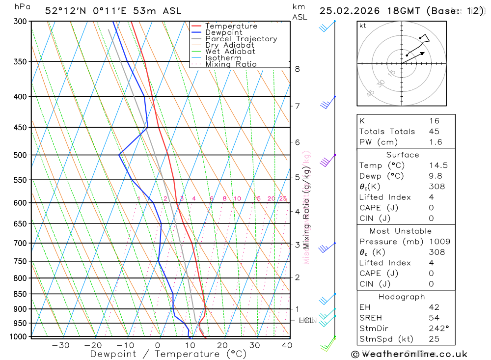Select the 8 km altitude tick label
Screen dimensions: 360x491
coord(298,69)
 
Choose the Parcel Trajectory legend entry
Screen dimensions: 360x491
coord(241,39)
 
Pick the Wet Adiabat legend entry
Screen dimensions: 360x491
coord(230,52)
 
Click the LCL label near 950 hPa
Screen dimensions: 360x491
coord(306,321)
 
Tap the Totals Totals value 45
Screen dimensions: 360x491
coord(434,132)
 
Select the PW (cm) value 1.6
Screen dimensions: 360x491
coord(435,142)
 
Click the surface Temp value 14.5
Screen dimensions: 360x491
coord(438,166)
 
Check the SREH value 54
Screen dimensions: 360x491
coord(434,318)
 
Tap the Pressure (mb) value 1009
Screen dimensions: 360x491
coord(439,242)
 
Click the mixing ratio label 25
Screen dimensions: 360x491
coord(283,198)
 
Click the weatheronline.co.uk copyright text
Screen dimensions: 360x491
coord(409,354)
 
